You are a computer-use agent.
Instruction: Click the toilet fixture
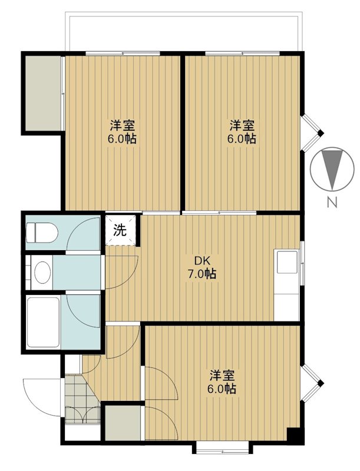[x=39, y=231]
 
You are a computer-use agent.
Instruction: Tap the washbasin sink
[x=41, y=272]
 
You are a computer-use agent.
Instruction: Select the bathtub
[x=42, y=323]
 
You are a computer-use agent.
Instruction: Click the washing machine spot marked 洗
[x=120, y=230]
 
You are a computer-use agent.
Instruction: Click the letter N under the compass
[x=332, y=204]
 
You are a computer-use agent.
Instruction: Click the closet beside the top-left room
[x=42, y=91]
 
